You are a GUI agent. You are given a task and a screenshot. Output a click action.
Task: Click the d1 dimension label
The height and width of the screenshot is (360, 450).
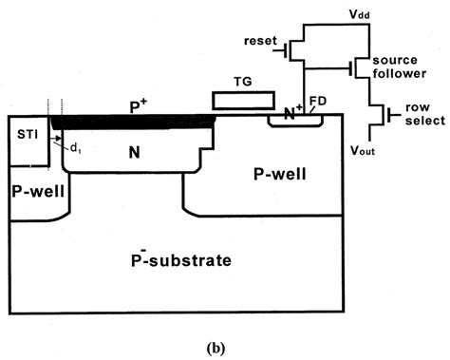72,145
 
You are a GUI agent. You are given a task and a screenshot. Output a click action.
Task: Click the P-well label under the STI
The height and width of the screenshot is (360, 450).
36,190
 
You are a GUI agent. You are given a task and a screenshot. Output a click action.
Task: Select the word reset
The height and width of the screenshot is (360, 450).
259,42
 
